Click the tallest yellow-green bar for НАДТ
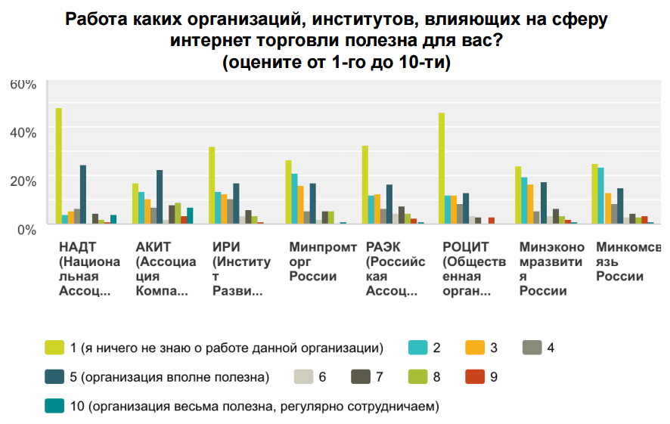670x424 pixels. point(59,166)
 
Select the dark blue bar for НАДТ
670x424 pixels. point(83,195)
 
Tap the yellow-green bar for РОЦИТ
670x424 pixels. point(442,169)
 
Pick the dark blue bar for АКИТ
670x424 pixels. point(160,197)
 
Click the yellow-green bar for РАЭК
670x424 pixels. point(365,185)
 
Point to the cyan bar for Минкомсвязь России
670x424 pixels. point(601,196)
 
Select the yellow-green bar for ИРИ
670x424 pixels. point(212,186)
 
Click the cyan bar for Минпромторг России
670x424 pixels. point(295,199)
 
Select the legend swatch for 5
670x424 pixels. point(54,376)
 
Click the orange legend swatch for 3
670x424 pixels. point(476,347)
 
